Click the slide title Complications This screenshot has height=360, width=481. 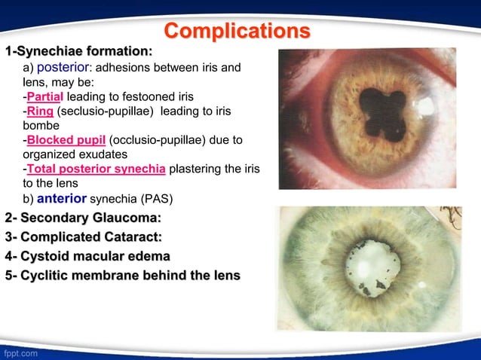[237, 31]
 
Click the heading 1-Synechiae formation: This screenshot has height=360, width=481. [79, 52]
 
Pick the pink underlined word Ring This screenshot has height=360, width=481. [40, 111]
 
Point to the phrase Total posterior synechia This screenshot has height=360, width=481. [97, 169]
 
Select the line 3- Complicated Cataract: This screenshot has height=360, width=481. [84, 237]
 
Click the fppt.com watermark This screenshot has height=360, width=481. [20, 352]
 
